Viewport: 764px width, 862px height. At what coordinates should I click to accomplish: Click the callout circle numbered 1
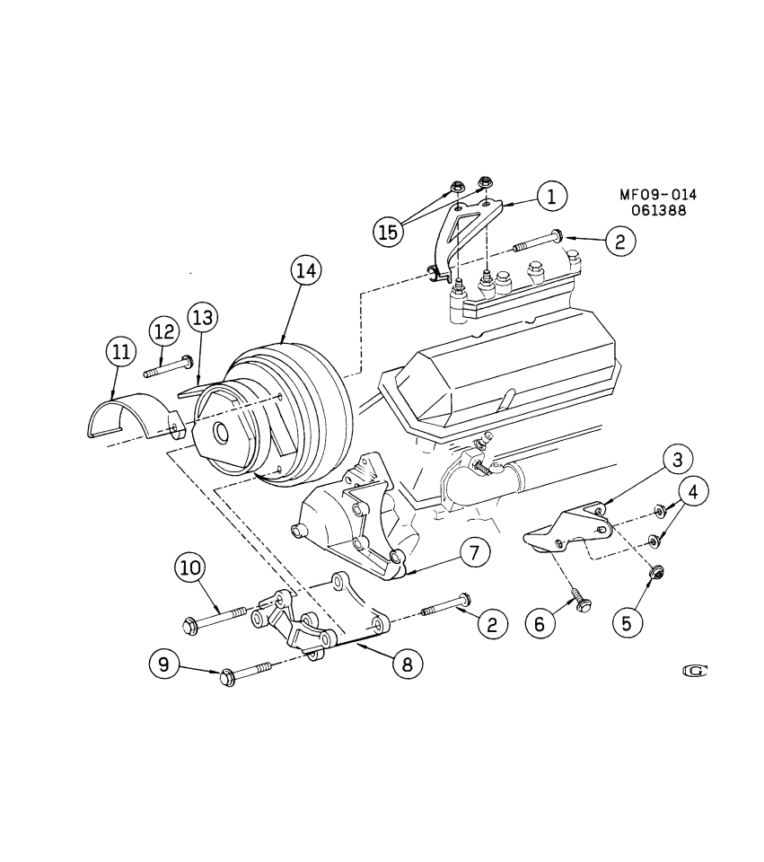(x=552, y=196)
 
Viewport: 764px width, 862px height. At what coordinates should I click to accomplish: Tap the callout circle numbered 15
(x=386, y=232)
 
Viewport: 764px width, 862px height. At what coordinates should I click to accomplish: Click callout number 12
(x=162, y=330)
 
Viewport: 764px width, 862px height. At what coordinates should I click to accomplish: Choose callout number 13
(x=202, y=317)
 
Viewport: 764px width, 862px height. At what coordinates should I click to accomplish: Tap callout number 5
(x=628, y=622)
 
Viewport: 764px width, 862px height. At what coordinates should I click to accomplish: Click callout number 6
(x=540, y=622)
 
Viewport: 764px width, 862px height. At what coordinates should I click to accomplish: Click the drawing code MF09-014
(x=657, y=196)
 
